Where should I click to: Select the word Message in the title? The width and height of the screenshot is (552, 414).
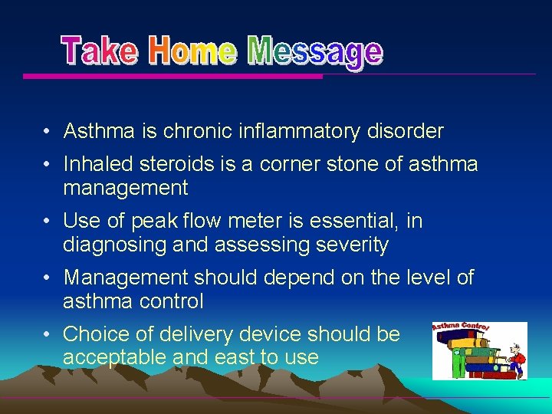pyautogui.click(x=315, y=52)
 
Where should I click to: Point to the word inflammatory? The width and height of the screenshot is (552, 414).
pyautogui.click(x=301, y=132)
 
